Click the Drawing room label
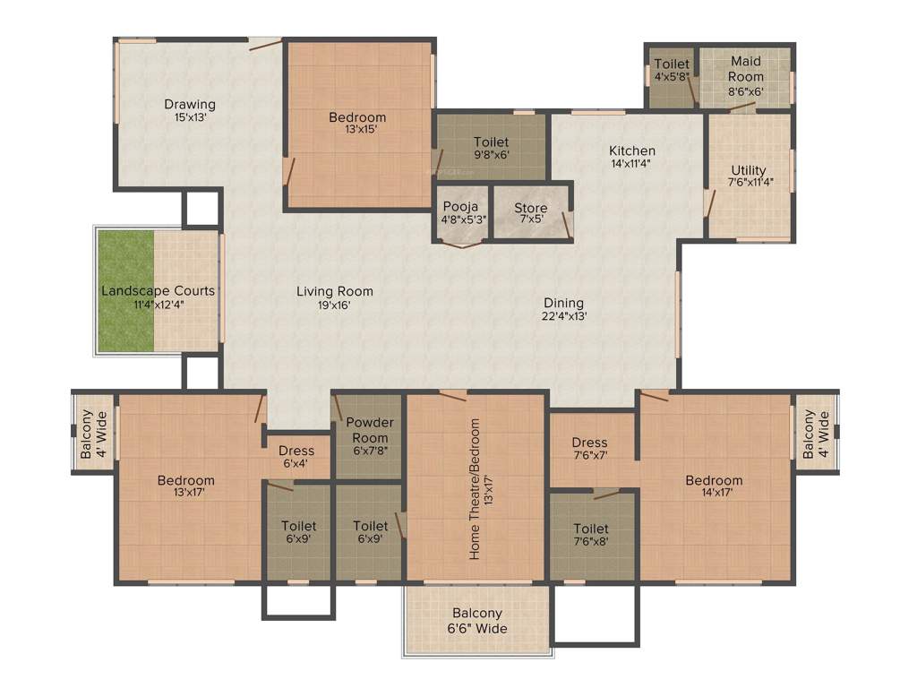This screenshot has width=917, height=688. coord(190,105)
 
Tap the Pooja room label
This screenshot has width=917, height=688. coord(461,208)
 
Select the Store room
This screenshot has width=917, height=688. coord(531,214)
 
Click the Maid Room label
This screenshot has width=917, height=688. coord(746,62)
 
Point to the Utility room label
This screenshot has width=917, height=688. coord(748,170)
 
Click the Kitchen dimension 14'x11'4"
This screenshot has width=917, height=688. coord(632,163)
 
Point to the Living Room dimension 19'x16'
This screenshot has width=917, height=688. coord(335,305)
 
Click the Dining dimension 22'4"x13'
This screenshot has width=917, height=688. coord(563,315)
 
